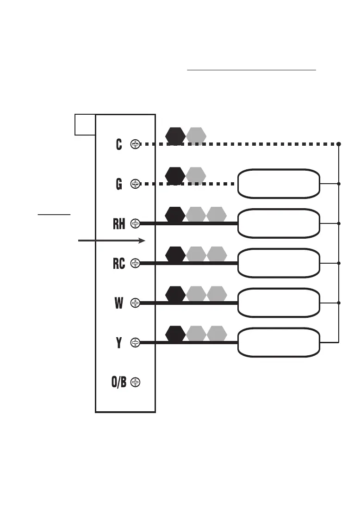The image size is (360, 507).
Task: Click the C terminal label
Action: [x=119, y=144]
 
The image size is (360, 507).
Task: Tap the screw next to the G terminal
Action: [x=135, y=184]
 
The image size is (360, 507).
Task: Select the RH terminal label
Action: [x=119, y=224]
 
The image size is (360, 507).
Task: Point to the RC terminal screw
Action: [x=135, y=263]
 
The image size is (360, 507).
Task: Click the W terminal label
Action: [x=119, y=303]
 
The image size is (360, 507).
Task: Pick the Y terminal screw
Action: [x=135, y=343]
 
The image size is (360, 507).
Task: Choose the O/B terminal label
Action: [x=119, y=383]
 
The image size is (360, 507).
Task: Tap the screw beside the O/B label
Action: [x=135, y=383]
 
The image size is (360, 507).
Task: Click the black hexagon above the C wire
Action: [x=175, y=135]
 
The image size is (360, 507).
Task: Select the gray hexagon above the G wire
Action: [x=196, y=175]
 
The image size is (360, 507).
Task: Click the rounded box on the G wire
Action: [x=279, y=184]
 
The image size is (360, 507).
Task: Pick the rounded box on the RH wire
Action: [x=279, y=223]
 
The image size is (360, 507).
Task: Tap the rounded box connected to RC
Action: [x=279, y=263]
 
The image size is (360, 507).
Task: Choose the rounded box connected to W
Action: [x=279, y=303]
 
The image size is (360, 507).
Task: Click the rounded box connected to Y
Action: [x=279, y=343]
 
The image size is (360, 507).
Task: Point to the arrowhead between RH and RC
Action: [x=142, y=241]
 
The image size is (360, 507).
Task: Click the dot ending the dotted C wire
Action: [x=339, y=144]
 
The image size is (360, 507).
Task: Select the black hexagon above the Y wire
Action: [x=175, y=334]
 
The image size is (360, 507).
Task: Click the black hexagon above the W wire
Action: [x=175, y=294]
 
